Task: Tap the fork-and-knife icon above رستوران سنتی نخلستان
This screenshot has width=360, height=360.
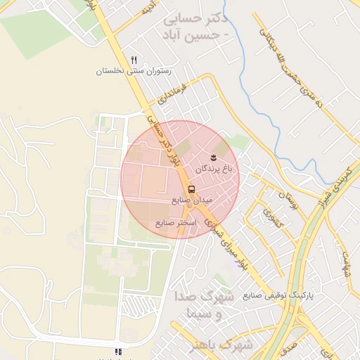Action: coord(134,60)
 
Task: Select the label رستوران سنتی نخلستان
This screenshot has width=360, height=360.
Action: coord(133,72)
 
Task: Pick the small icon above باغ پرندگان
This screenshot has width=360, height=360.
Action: coord(214,157)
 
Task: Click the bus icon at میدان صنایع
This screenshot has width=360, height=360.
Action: coord(191,189)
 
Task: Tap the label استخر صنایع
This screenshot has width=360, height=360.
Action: coord(176,222)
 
